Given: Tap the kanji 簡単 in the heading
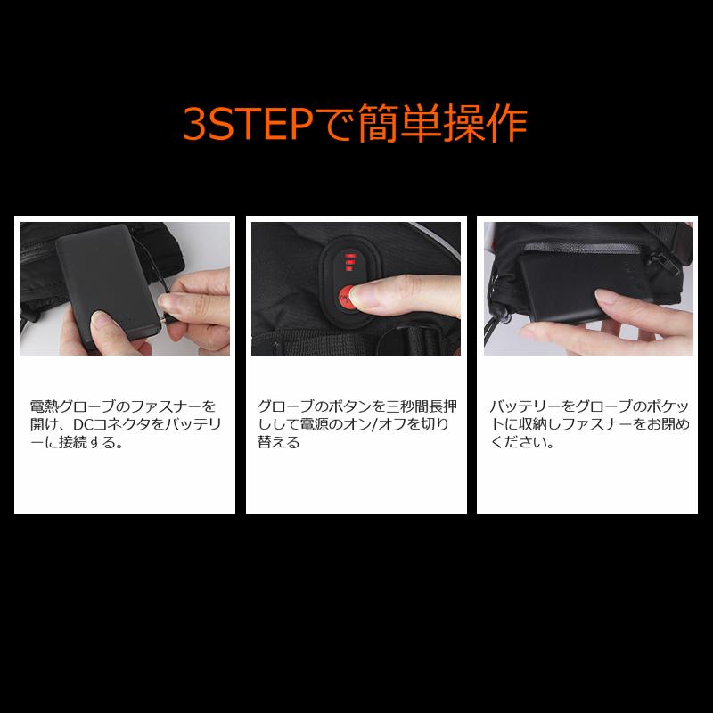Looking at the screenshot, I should (391, 126).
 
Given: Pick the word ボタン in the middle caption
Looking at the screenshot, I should (345, 406).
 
